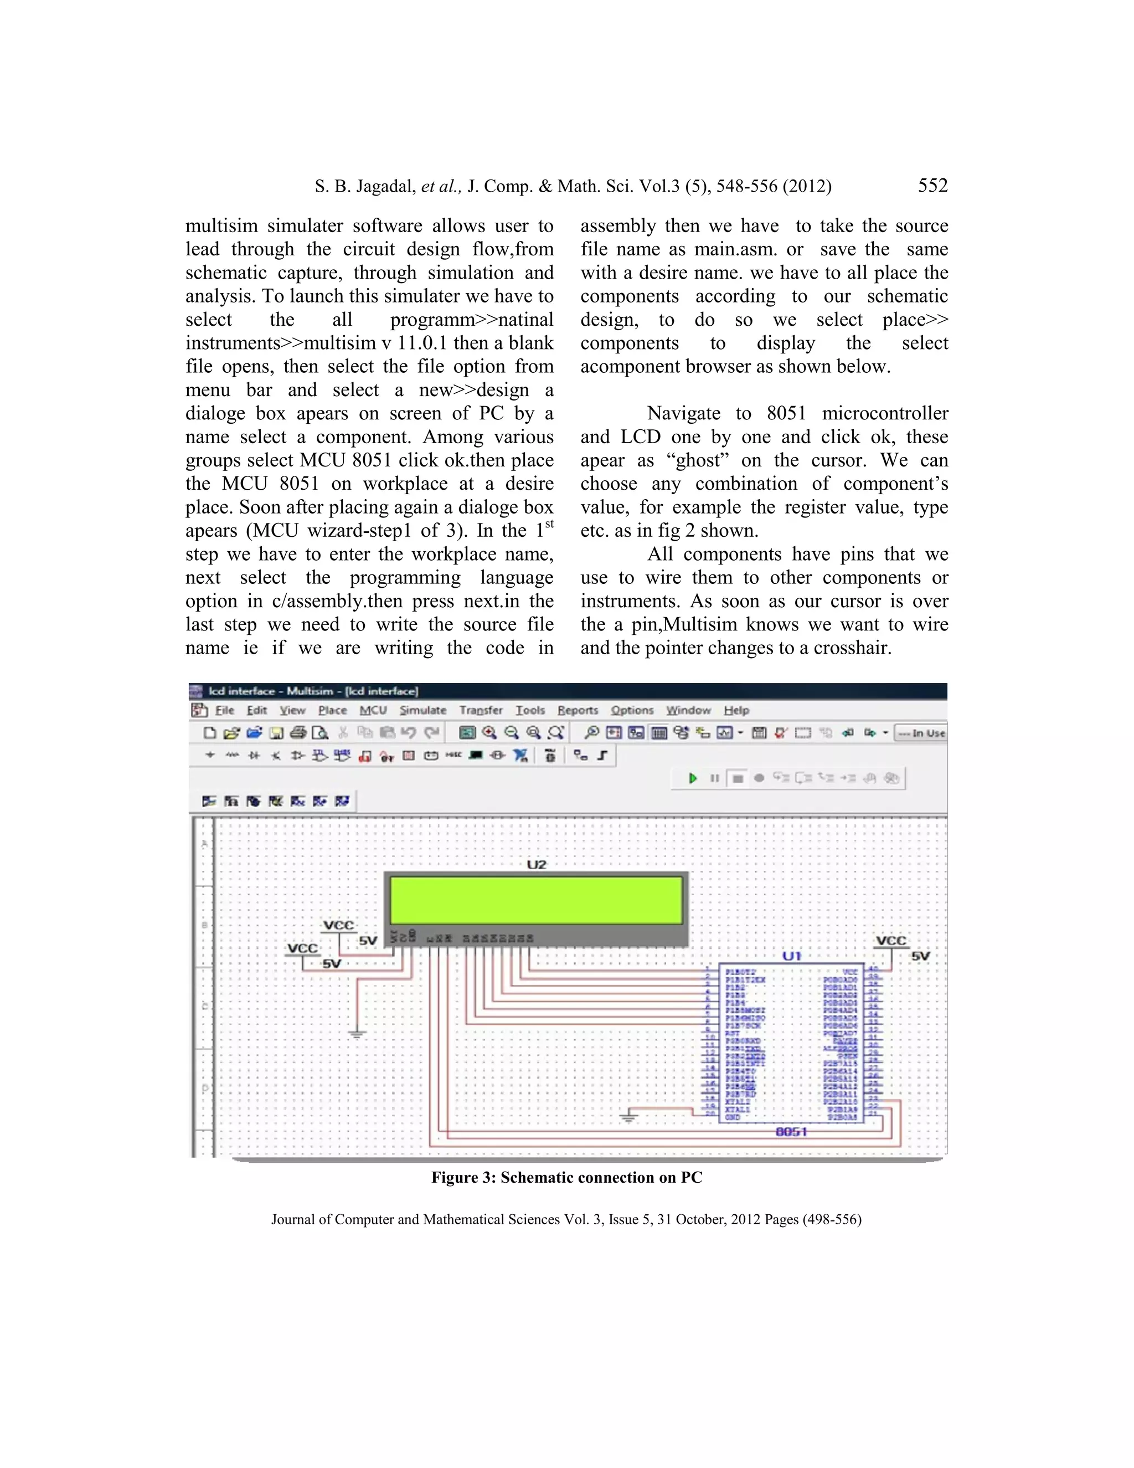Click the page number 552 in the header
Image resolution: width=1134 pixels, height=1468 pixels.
coord(932,186)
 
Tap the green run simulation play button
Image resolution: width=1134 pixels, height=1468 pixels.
coord(693,778)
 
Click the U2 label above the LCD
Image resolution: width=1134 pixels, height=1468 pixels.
coord(536,864)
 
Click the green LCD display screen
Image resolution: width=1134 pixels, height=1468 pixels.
coord(536,901)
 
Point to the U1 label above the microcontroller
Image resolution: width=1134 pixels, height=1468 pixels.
coord(791,956)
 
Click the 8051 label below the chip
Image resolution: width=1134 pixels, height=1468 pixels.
coord(791,1131)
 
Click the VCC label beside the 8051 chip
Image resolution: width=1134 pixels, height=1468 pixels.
coord(891,941)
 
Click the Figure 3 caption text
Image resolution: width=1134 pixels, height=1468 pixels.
coord(566,1177)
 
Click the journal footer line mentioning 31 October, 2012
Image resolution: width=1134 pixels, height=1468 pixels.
coord(566,1219)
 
